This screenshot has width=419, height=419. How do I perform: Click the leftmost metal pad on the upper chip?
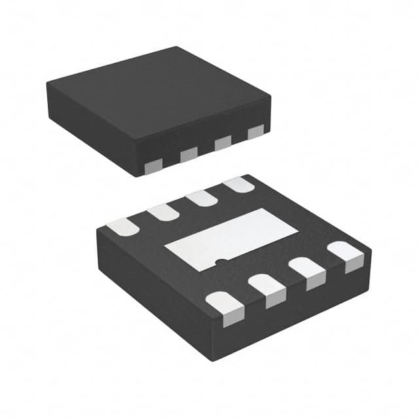coord(153,166)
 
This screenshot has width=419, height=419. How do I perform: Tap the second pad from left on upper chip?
coord(189,155)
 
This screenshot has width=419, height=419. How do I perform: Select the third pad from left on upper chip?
coord(223,143)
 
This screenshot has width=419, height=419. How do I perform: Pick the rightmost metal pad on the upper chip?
coord(255,132)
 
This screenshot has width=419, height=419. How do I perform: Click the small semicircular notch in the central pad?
coord(222,263)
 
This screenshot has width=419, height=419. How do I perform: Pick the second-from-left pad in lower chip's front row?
coord(268,289)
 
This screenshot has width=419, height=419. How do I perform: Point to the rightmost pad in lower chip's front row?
coord(346,255)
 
